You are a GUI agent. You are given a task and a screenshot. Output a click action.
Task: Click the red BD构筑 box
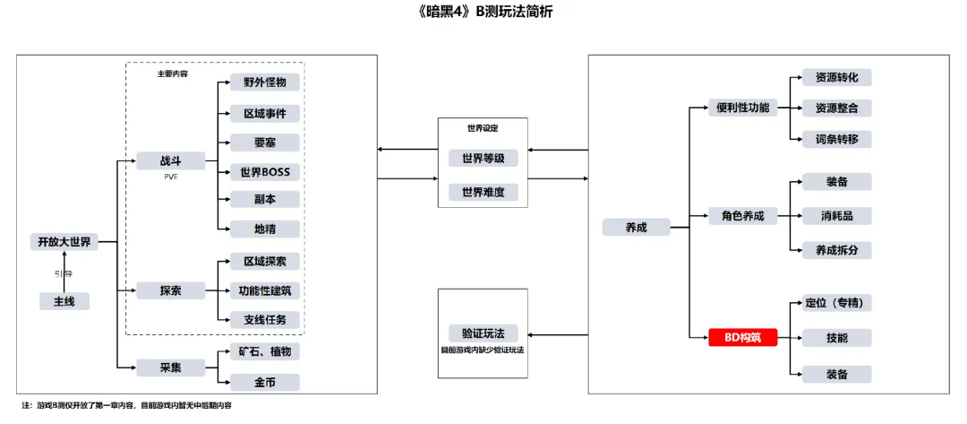pos(743,338)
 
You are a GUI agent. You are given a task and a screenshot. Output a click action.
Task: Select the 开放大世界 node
pos(64,242)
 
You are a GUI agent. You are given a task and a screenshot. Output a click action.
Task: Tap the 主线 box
pos(64,301)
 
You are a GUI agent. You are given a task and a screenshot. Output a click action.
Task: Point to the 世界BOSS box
pos(264,171)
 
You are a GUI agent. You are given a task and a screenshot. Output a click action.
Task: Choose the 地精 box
pos(264,229)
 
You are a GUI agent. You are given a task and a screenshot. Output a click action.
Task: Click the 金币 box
pos(264,382)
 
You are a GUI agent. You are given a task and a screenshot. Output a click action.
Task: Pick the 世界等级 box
pos(483,159)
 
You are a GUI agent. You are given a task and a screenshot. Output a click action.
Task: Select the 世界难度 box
pos(483,192)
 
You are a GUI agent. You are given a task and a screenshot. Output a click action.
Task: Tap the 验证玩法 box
pos(483,333)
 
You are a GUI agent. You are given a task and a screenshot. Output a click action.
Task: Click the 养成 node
pos(636,227)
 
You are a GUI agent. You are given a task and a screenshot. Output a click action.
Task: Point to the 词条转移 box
pos(836,139)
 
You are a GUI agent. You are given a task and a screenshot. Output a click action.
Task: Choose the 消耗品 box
pos(836,216)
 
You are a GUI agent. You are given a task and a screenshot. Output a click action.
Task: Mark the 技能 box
pos(836,338)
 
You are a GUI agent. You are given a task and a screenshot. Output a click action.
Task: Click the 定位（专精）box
pos(836,303)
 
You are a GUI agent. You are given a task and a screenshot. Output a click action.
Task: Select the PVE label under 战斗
pos(170,177)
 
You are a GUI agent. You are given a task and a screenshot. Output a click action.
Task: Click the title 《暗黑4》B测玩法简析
pos(483,12)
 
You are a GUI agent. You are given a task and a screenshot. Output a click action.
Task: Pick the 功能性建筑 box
pos(264,290)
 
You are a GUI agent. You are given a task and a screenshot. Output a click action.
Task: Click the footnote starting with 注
pos(125,405)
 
